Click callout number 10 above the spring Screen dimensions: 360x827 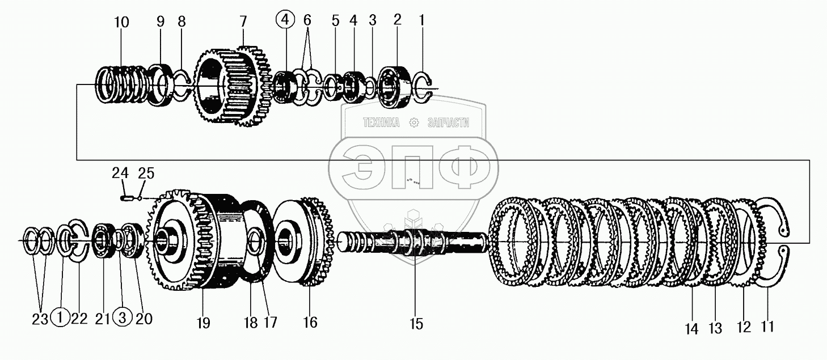point(121,23)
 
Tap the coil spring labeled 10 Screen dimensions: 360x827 point(120,86)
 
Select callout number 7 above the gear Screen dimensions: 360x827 point(243,22)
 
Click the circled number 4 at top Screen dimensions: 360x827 point(285,21)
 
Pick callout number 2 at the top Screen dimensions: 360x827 point(397,20)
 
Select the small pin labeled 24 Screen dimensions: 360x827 point(127,198)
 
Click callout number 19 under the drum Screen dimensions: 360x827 point(203,323)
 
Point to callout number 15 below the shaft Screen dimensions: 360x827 point(416,324)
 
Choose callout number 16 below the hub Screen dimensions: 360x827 point(310,323)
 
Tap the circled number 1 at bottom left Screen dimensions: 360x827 point(60,319)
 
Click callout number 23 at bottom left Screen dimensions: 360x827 point(40,319)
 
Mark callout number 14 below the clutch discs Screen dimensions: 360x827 point(691,329)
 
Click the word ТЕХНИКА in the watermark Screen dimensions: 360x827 point(381,122)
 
